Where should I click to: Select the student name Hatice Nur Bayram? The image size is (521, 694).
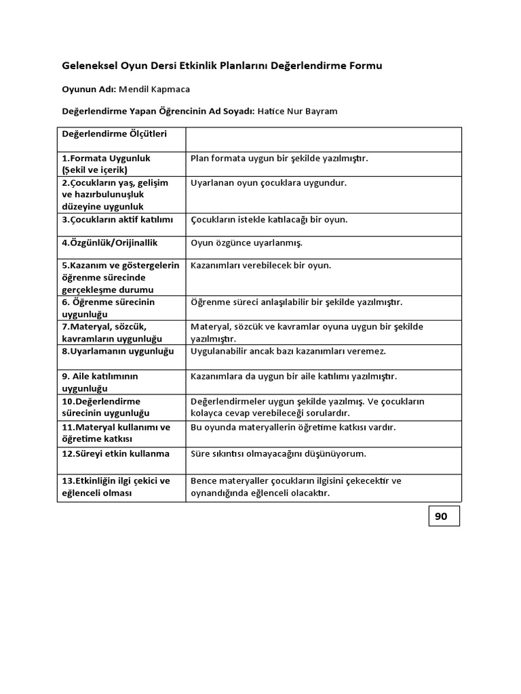(x=298, y=111)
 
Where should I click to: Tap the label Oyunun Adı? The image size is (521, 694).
(x=90, y=89)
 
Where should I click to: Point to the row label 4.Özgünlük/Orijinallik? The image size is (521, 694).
(x=110, y=242)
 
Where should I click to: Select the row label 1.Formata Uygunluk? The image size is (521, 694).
(x=106, y=158)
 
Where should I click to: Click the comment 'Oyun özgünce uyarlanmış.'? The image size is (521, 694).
(x=246, y=242)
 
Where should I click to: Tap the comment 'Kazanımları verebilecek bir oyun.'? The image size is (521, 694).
(x=260, y=265)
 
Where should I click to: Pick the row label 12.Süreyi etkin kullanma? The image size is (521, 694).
(x=116, y=453)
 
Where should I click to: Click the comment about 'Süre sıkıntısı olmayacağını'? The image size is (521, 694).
(x=288, y=453)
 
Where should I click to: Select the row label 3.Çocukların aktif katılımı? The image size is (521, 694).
(x=117, y=220)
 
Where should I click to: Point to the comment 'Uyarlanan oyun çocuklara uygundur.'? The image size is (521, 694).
(x=268, y=183)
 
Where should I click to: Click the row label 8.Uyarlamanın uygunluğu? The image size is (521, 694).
(x=117, y=351)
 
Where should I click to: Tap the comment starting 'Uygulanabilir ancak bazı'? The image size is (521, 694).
(x=288, y=351)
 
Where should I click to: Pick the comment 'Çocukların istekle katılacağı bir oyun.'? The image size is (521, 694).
(x=269, y=220)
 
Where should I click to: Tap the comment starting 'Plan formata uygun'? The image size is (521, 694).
(x=279, y=158)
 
